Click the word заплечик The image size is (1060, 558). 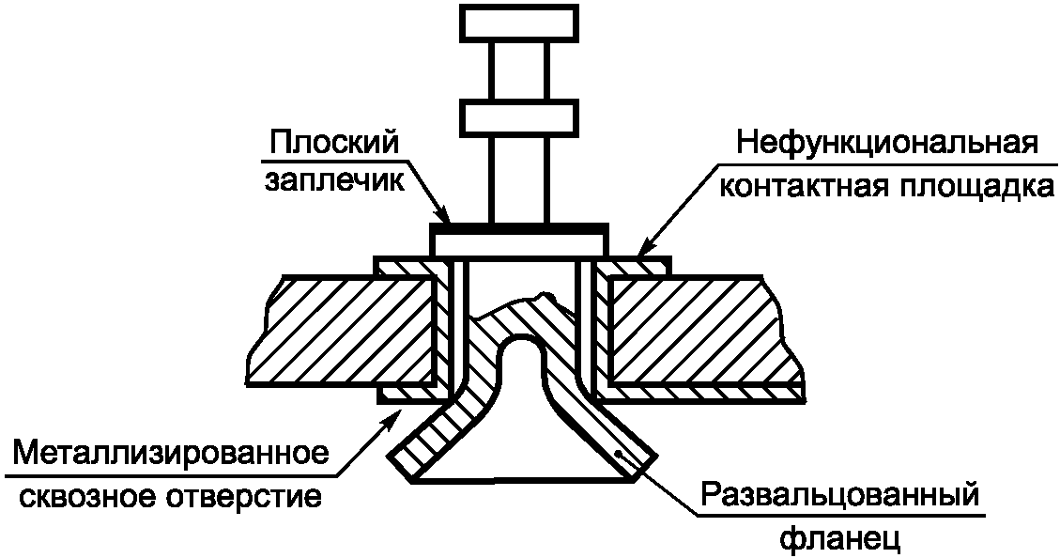[x=333, y=180]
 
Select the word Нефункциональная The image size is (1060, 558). [x=886, y=146]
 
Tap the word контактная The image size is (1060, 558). [x=793, y=186]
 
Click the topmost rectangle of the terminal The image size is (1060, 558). [x=518, y=23]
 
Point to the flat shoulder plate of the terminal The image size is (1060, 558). [x=518, y=240]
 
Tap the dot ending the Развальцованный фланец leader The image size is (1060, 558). [x=620, y=453]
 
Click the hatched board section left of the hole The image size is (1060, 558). [x=338, y=329]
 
